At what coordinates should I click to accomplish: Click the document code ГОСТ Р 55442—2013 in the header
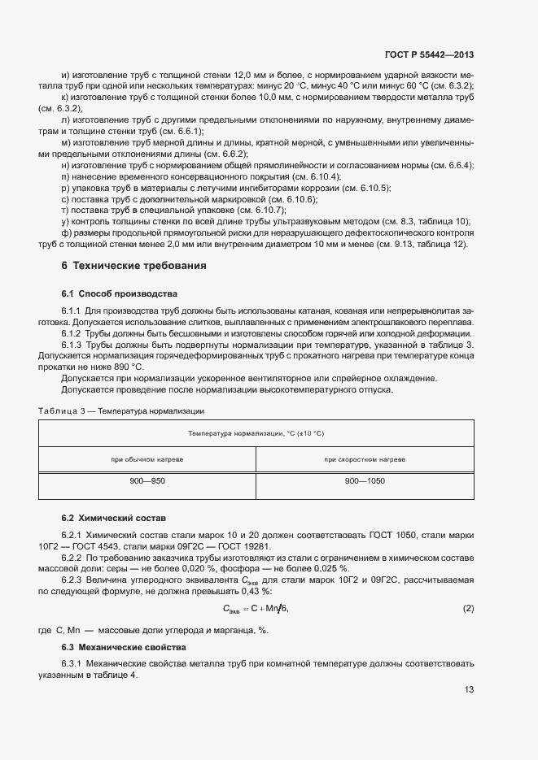coord(429,55)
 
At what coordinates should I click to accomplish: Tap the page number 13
coord(469,690)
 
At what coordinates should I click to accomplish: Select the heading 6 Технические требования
coord(133,266)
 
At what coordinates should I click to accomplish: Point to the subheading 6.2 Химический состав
coord(113,518)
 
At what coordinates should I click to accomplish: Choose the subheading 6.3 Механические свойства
coord(123,647)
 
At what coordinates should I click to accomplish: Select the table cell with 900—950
coord(147,482)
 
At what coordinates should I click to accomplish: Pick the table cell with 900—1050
coord(364,482)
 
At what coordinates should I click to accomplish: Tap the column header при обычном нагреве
coord(147,459)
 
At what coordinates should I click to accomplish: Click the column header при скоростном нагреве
coord(364,459)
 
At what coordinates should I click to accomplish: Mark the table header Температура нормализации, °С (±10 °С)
coord(256,434)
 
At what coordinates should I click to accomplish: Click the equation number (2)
coord(468,608)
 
